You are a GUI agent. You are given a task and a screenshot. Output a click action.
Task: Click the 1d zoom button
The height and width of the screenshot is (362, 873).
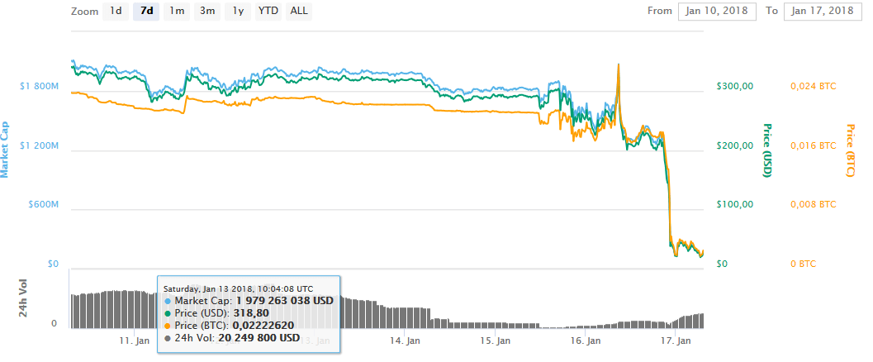116,12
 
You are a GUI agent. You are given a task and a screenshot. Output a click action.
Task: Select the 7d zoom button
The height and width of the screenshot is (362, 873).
146,12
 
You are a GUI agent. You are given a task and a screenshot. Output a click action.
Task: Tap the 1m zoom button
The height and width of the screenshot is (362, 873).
177,12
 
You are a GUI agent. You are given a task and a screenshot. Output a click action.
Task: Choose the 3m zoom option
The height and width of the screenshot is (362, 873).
207,12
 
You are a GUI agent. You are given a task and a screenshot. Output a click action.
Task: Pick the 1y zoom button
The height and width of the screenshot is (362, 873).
238,12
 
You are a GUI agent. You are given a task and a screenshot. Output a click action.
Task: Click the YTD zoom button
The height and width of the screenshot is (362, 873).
268,12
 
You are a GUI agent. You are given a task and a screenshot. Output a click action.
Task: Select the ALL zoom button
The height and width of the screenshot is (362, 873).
299,12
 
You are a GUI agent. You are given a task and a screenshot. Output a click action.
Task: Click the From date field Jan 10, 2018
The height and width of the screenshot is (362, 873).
716,12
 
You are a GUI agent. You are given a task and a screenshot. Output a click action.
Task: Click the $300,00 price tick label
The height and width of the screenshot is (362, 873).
733,86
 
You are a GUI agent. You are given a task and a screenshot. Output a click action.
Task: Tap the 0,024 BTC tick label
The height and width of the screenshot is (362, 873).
814,86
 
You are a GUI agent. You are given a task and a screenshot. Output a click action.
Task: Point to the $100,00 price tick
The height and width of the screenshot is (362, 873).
733,204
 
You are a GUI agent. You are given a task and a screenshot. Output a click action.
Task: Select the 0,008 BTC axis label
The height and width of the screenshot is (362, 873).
814,204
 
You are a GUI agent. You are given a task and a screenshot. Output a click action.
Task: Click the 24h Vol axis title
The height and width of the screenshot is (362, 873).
24,298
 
